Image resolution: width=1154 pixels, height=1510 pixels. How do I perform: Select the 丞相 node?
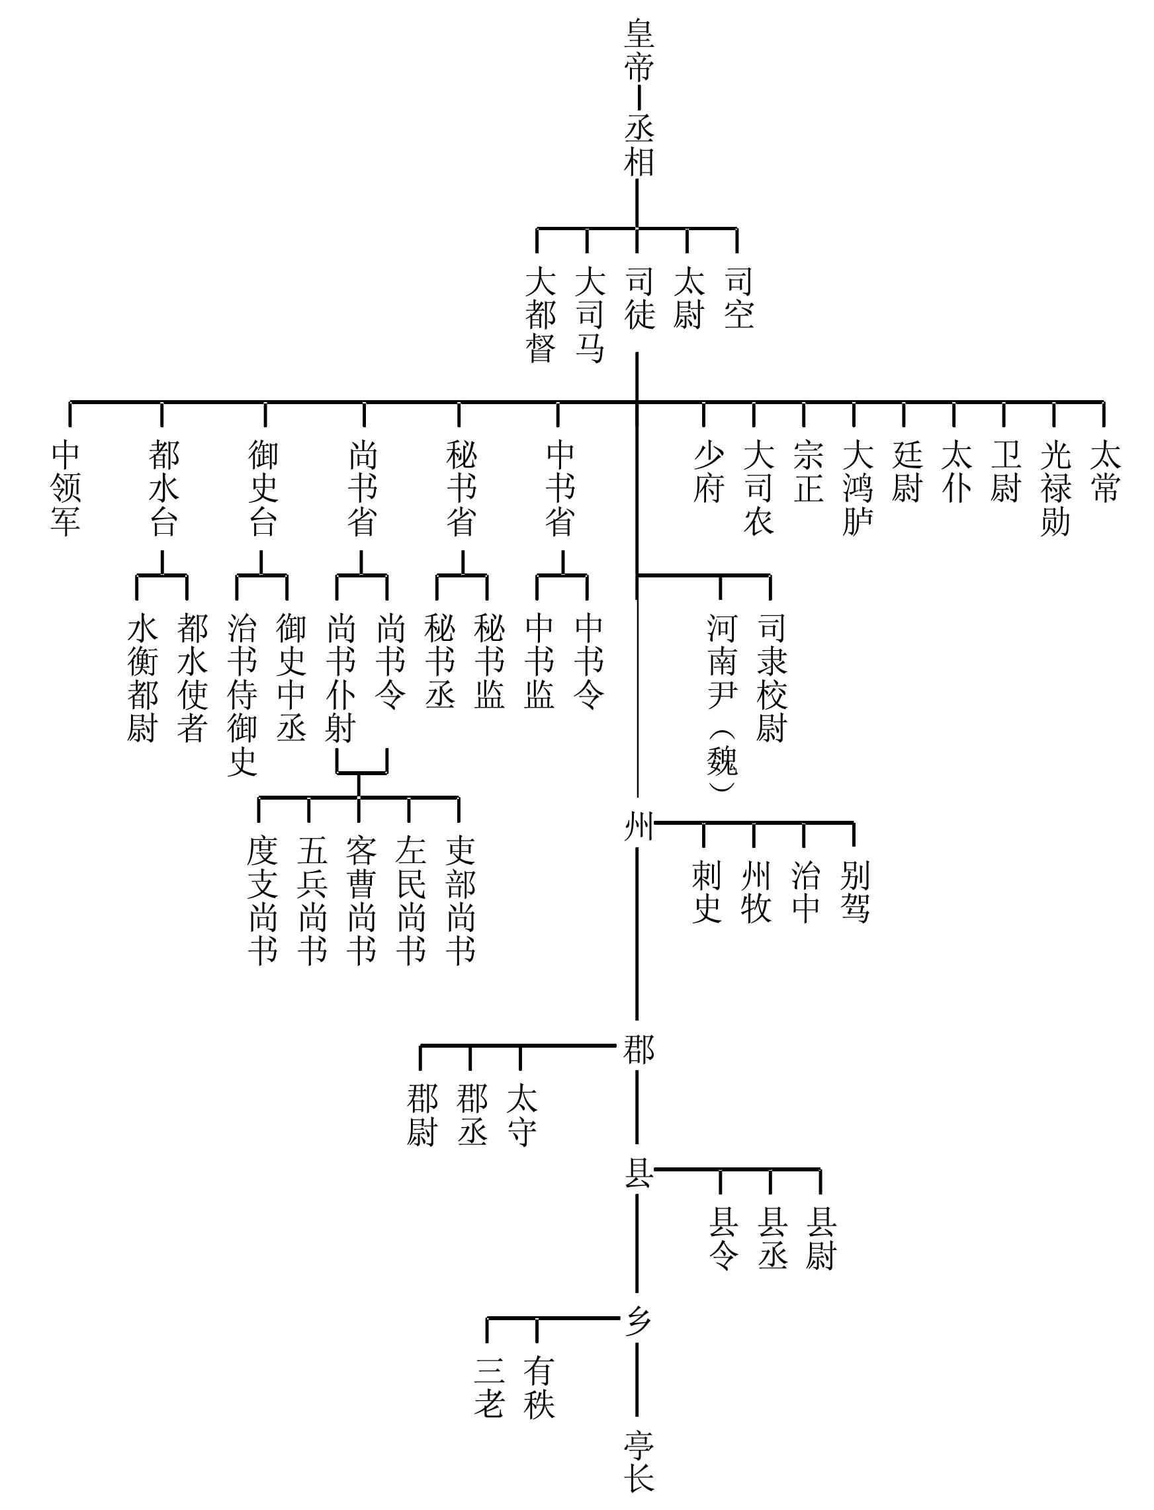[x=638, y=146]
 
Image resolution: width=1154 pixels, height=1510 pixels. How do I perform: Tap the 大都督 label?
[x=541, y=314]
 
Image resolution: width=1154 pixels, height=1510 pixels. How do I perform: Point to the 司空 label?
[x=739, y=298]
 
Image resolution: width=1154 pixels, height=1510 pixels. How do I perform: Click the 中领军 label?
[x=66, y=488]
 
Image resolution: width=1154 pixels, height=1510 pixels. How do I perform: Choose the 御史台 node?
[x=264, y=488]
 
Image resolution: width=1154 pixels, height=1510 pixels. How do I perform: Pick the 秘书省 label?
[x=461, y=488]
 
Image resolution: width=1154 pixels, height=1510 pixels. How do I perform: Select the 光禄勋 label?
[x=1055, y=488]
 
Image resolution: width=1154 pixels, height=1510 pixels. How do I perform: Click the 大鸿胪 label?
[x=858, y=488]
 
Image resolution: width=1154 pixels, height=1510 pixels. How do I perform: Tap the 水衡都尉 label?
[x=142, y=679]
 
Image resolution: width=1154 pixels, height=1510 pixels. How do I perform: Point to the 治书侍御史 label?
[x=242, y=696]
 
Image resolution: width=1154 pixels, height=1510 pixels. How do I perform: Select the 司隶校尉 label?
[x=772, y=679]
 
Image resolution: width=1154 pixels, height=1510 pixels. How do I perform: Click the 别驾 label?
[x=854, y=892]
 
